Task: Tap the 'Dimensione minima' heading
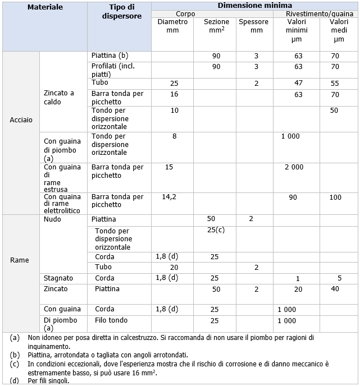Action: point(254,5)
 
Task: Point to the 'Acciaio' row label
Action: point(21,120)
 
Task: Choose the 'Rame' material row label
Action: point(19,260)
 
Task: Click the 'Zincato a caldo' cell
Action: point(59,98)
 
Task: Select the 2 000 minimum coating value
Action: point(294,167)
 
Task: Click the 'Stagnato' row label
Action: point(58,278)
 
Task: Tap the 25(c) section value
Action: point(215,230)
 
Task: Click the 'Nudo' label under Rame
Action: point(52,219)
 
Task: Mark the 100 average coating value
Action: point(335,197)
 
